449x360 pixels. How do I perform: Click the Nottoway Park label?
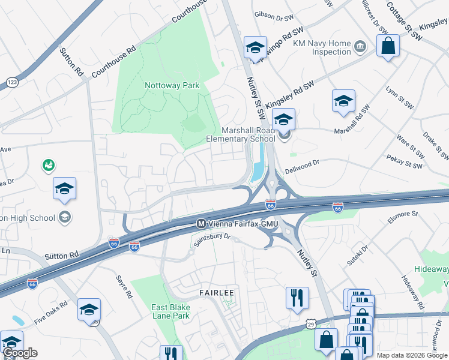(x=172, y=85)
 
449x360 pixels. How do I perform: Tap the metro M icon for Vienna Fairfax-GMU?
(x=202, y=223)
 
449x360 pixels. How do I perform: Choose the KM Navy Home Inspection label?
(x=322, y=48)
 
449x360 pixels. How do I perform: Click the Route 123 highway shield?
(x=11, y=81)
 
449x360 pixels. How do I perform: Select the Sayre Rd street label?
(x=123, y=287)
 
